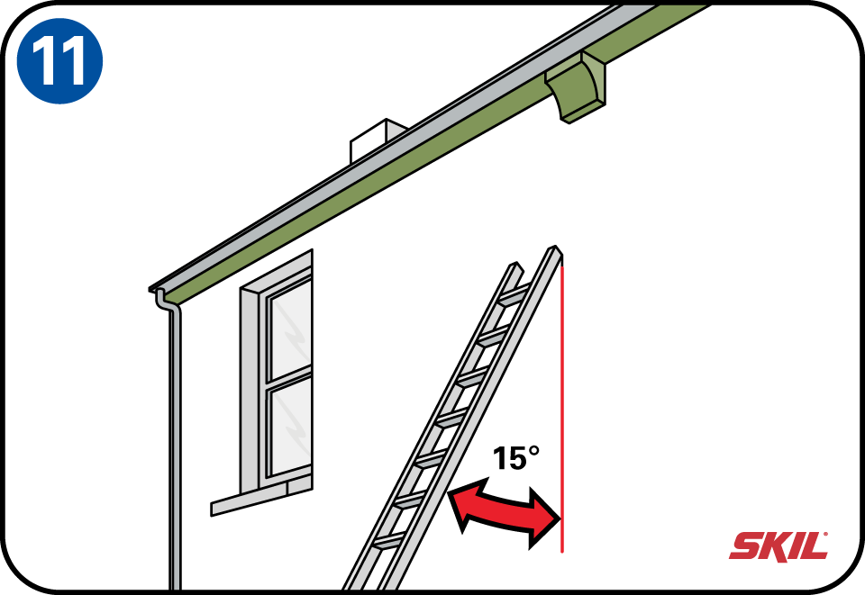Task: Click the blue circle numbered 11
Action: point(59,60)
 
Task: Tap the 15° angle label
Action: point(515,458)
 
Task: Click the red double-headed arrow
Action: point(505,511)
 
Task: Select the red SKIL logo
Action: point(778,545)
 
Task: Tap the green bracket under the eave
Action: point(576,86)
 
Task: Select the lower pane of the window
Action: point(289,427)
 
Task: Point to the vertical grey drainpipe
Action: point(174,446)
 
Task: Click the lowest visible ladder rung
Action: point(389,542)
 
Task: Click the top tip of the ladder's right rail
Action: point(554,247)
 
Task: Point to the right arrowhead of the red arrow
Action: point(543,518)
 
